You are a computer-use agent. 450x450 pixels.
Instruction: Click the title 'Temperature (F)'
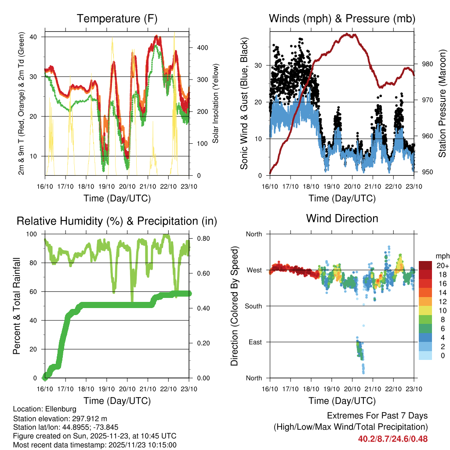pos(116,18)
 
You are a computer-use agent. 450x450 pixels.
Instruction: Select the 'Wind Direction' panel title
pos(342,218)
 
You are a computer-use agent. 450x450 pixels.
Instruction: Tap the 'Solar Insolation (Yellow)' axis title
pos(216,103)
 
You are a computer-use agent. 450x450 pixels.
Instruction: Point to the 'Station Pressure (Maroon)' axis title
pos(442,103)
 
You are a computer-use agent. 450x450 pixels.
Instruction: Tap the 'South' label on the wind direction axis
pos(254,306)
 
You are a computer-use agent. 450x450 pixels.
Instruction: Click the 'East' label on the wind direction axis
pos(255,342)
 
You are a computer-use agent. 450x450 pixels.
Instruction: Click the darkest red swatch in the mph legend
pos(425,265)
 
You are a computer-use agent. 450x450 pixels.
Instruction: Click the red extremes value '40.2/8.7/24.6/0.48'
pos(393,439)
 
